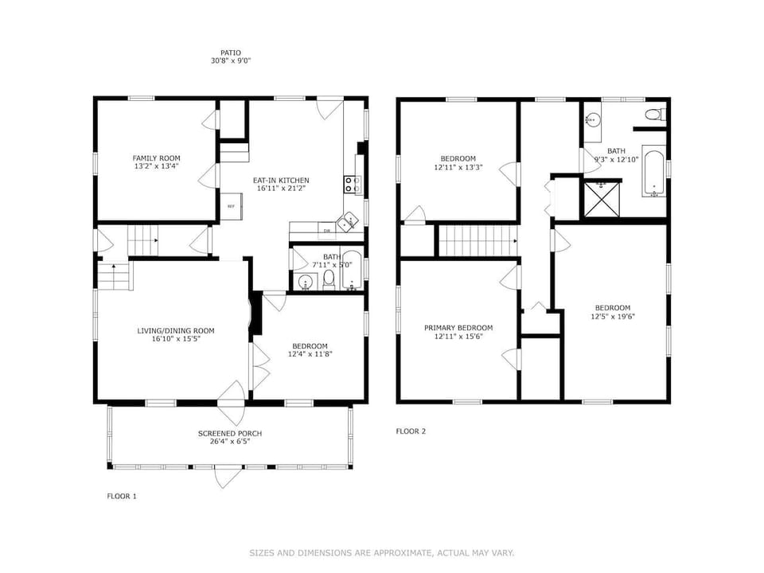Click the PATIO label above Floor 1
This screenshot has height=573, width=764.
(x=231, y=53)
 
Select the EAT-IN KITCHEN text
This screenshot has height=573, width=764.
(x=282, y=180)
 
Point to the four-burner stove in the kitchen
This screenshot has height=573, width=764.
(x=352, y=185)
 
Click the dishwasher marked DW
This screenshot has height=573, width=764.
(x=327, y=231)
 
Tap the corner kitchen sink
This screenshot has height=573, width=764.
(x=348, y=224)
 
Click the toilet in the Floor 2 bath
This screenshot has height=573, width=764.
(x=653, y=114)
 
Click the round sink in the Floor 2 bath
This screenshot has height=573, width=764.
(x=592, y=120)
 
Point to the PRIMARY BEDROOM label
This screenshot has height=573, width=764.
(x=458, y=328)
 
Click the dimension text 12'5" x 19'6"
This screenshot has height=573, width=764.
(x=613, y=316)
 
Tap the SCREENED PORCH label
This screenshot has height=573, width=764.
(x=230, y=434)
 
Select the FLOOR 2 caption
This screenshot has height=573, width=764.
(x=411, y=431)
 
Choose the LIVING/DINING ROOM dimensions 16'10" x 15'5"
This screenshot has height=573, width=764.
(x=176, y=339)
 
